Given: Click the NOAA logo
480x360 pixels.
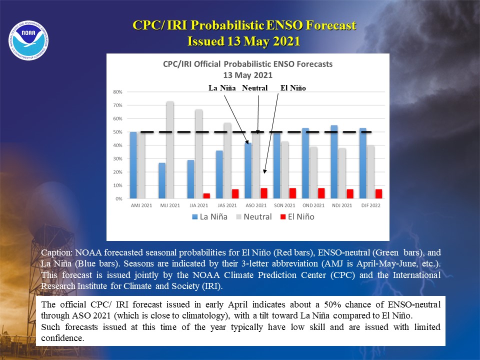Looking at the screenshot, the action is [28, 40].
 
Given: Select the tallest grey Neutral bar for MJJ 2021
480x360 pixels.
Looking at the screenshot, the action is [170, 149].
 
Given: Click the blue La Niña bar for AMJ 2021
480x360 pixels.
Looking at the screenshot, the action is [133, 165].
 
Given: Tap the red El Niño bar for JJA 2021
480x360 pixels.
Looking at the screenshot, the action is [206, 196].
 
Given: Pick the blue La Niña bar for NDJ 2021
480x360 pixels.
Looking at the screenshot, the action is [334, 162].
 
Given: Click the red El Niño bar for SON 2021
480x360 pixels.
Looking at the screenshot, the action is [292, 193].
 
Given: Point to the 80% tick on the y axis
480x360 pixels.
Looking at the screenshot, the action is [117, 92].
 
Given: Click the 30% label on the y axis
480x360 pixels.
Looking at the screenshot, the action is [117, 158].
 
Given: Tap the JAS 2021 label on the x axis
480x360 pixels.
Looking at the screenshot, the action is [227, 205].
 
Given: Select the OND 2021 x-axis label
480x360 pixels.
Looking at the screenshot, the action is [313, 205].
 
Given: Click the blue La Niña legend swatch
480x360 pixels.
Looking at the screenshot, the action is [194, 217].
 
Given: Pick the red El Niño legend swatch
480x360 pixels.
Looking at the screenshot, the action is [283, 217].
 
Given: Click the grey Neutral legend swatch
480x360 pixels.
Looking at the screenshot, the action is [239, 217].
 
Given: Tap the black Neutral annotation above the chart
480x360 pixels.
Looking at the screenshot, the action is [254, 88].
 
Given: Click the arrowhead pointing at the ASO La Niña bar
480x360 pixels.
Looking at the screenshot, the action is [246, 141].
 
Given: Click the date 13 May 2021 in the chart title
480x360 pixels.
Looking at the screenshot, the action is [247, 75].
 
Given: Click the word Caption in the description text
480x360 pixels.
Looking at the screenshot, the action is [56, 253].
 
